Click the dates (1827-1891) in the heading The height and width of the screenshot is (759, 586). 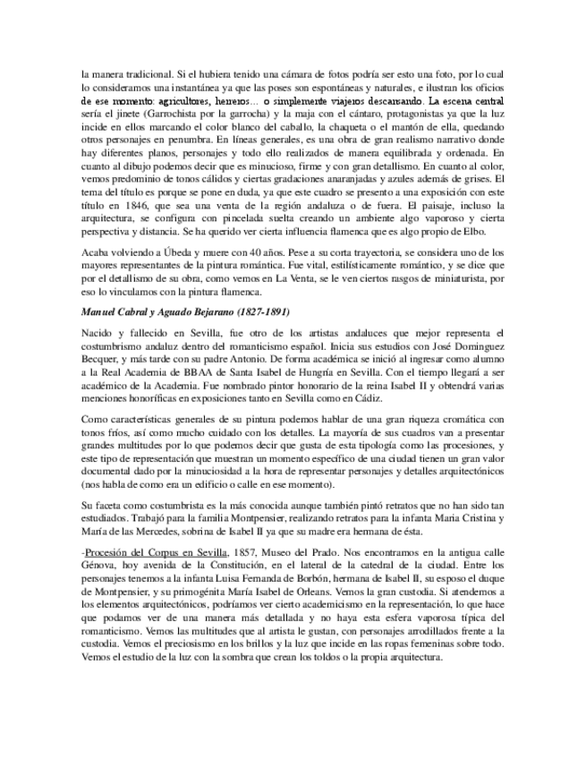[x=257, y=310]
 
